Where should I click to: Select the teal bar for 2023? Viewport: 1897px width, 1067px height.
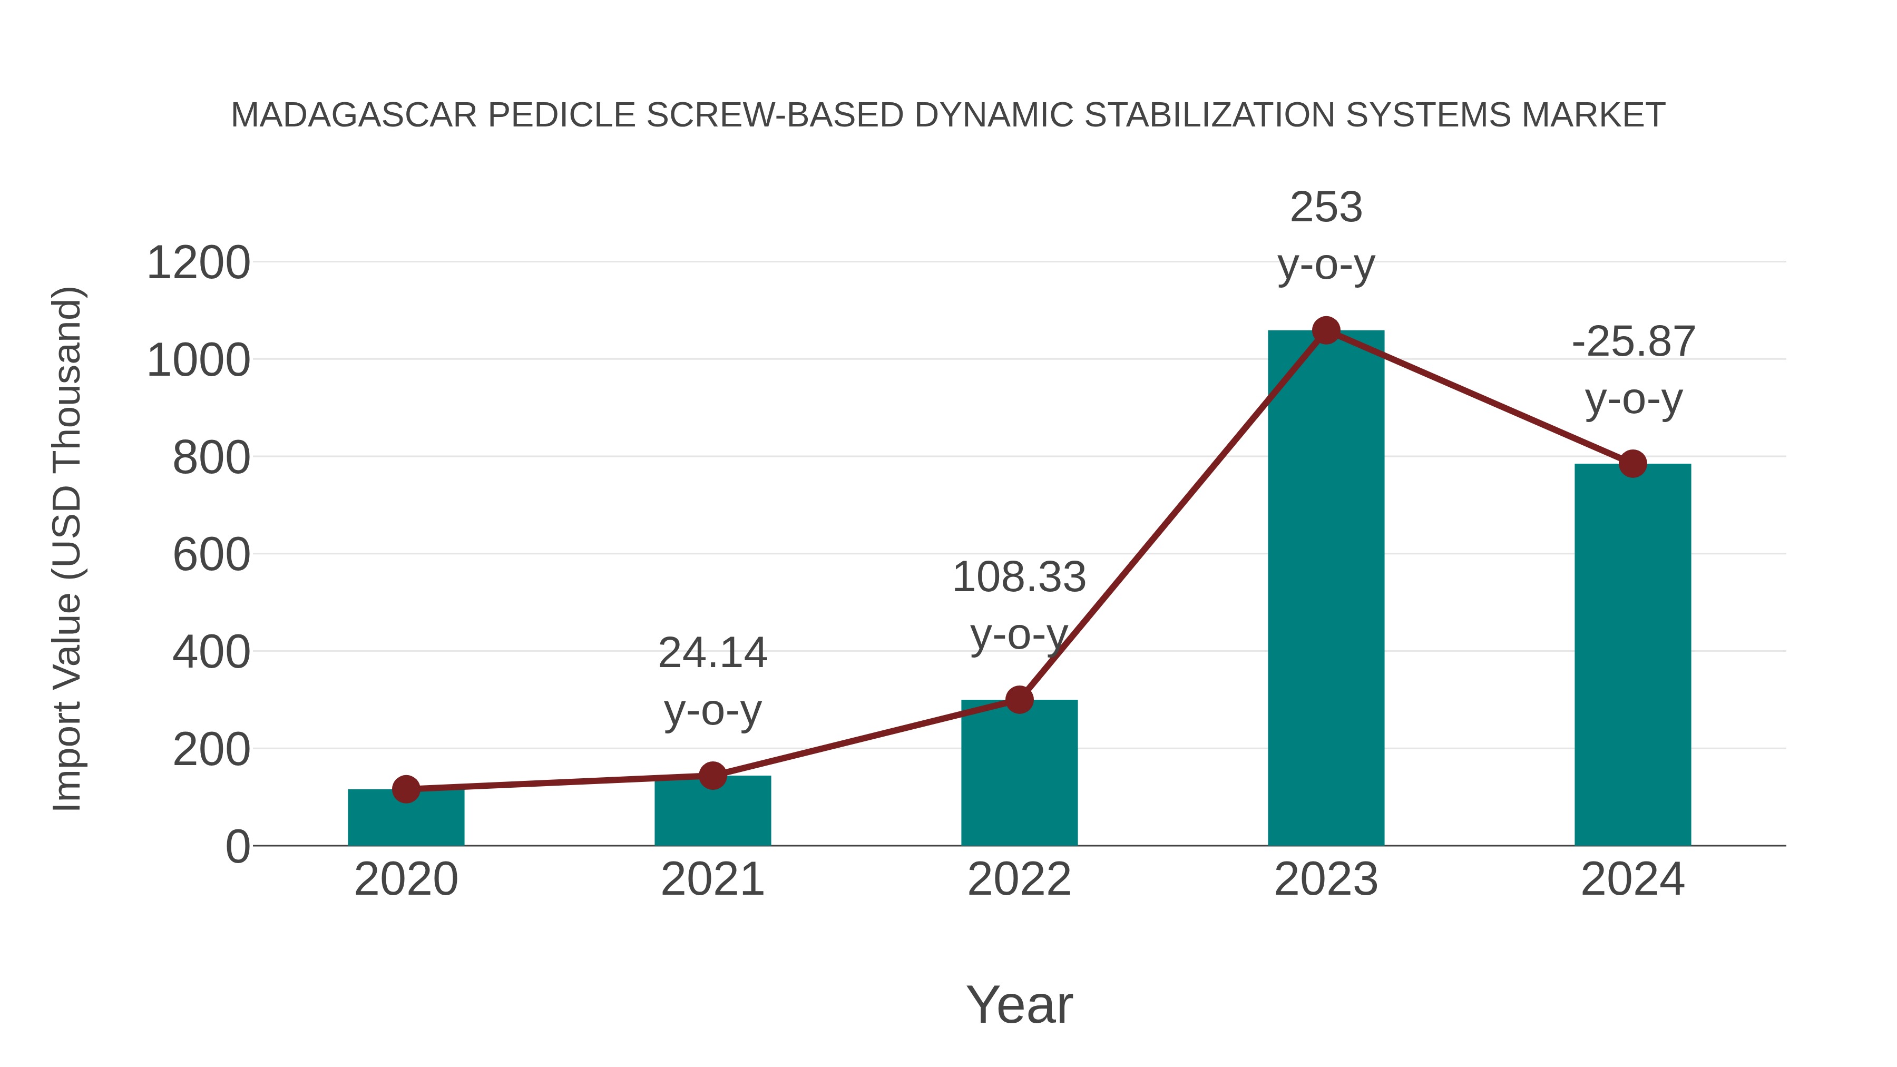tap(1326, 589)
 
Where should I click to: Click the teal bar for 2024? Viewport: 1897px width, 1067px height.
tap(1632, 655)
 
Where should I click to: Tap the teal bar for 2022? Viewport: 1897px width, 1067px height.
tap(1019, 773)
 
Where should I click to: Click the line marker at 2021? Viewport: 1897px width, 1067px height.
tap(712, 776)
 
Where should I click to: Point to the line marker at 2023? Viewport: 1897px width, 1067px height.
tap(1326, 330)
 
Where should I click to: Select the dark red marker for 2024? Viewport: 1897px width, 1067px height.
tap(1632, 464)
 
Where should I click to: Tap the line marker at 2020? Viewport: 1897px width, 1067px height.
tap(406, 789)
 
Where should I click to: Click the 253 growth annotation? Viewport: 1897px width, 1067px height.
tap(1326, 208)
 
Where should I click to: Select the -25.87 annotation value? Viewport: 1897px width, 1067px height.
tap(1632, 341)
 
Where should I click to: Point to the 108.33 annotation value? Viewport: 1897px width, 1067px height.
tap(1019, 577)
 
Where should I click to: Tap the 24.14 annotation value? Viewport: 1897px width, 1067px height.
tap(712, 653)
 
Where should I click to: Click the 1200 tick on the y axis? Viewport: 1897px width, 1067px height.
tap(199, 263)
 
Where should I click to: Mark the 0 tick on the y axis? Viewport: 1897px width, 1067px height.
tap(237, 847)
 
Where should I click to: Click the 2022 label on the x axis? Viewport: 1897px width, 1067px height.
tap(1019, 879)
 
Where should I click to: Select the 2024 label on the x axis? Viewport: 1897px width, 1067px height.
tap(1632, 879)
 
